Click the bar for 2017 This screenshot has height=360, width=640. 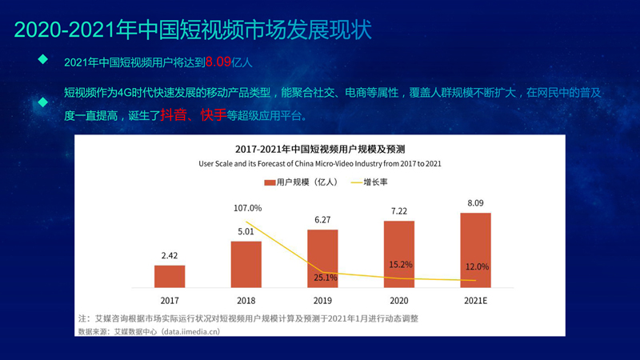pyautogui.click(x=170, y=276)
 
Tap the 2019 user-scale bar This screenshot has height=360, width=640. pyautogui.click(x=322, y=258)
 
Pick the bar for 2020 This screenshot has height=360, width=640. pyautogui.click(x=399, y=253)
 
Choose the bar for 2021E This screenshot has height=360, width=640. pyautogui.click(x=476, y=249)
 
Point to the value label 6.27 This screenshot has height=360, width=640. pyautogui.click(x=322, y=220)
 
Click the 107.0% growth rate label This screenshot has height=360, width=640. pyautogui.click(x=248, y=209)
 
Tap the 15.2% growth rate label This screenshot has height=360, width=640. pyautogui.click(x=399, y=265)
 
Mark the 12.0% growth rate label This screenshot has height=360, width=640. pyautogui.click(x=476, y=266)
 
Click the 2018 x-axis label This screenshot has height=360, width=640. pyautogui.click(x=246, y=300)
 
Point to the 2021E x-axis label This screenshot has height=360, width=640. pyautogui.click(x=476, y=300)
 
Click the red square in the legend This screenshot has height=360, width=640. pyautogui.click(x=270, y=182)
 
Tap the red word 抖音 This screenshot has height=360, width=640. pyautogui.click(x=173, y=115)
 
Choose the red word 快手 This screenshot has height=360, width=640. pyautogui.click(x=213, y=115)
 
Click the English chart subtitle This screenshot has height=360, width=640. pyautogui.click(x=320, y=163)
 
